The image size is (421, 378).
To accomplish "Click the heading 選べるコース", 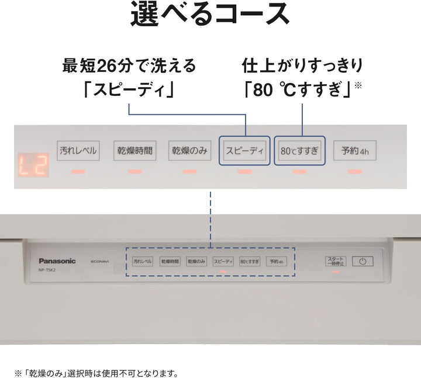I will coord(210,14).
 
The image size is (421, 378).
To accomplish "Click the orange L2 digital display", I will coord(32,166).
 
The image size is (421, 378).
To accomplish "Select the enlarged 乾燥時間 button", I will coord(133,151).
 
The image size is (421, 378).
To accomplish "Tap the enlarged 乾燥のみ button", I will coord(189,151).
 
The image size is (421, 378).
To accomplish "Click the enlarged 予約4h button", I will coord(355,151).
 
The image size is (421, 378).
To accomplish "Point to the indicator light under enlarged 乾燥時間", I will coord(134,172).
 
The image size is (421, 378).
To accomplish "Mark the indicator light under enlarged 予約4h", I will coord(355,172).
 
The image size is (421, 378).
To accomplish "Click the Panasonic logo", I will coord(57,261).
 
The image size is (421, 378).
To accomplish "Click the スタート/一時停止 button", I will coord(336,262).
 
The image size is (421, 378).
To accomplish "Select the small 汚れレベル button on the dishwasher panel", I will coord(143,262).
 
